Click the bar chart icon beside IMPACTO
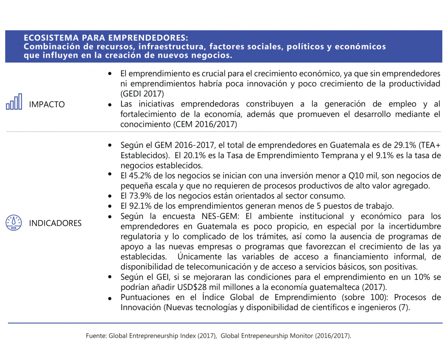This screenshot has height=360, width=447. click(14, 102)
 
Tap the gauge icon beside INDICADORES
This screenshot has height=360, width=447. click(14, 222)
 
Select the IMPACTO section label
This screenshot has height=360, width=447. click(47, 104)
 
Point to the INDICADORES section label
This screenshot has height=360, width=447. click(55, 223)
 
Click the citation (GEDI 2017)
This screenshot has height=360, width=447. click(142, 93)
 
